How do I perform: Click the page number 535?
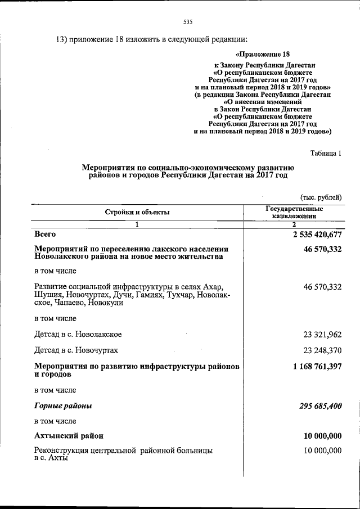click(x=188, y=22)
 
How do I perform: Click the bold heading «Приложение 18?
click(x=263, y=55)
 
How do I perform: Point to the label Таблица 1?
click(x=326, y=152)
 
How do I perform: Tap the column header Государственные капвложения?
click(x=294, y=211)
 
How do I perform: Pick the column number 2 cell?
click(x=294, y=224)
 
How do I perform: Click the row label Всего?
click(x=45, y=233)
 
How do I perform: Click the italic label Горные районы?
click(x=63, y=406)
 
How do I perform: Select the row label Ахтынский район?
click(x=68, y=436)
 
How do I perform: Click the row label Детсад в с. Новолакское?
click(x=78, y=334)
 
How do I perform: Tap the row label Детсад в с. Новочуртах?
click(x=76, y=350)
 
